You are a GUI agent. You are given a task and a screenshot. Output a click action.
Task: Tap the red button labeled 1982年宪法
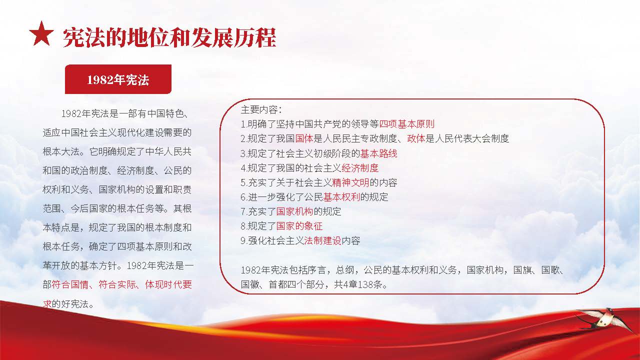click(118, 79)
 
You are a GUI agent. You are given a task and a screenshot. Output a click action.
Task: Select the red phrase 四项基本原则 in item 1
click(407, 124)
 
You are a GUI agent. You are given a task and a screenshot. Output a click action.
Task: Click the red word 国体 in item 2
click(304, 138)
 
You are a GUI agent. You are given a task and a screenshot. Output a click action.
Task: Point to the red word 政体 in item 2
click(416, 138)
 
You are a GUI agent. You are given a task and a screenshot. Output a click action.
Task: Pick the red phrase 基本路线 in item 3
click(378, 153)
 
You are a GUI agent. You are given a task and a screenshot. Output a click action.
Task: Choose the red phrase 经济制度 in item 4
click(360, 168)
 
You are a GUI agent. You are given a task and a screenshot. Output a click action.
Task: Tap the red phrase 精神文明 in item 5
click(350, 182)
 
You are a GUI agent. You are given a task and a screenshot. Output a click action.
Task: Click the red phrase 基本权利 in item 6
click(341, 197)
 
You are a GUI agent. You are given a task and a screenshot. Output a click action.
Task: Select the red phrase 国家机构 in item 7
click(294, 211)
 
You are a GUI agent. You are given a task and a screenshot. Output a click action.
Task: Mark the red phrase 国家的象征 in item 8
click(299, 226)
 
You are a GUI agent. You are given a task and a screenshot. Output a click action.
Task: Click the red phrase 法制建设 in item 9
click(322, 241)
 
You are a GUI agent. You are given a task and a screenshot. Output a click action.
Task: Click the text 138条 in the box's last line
click(370, 284)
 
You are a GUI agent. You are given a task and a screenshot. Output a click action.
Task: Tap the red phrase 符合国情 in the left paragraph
click(70, 284)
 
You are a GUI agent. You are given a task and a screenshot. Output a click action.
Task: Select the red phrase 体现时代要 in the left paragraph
click(168, 284)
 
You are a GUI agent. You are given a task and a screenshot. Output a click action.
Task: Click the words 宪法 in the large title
click(84, 37)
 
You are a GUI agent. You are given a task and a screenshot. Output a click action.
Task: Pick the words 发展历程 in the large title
click(233, 37)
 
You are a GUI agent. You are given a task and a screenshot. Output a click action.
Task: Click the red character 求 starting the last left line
click(47, 303)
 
